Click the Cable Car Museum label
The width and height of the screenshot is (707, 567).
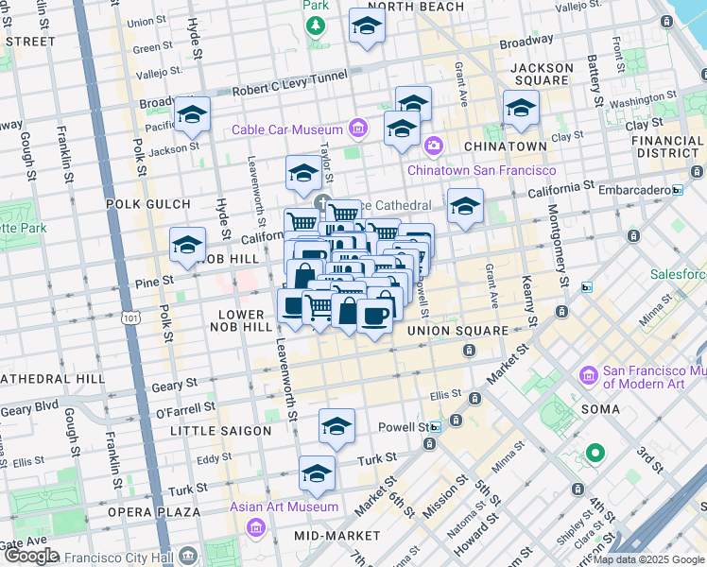(288, 129)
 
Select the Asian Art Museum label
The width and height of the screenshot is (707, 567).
(285, 507)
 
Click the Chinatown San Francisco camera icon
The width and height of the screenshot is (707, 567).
(434, 146)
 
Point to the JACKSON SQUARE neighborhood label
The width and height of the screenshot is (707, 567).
(542, 76)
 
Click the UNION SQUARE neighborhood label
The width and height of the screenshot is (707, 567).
(457, 332)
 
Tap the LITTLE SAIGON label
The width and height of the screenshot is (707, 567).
(220, 431)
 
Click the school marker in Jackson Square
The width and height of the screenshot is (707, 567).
(521, 109)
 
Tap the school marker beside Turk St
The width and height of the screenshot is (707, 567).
(318, 474)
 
